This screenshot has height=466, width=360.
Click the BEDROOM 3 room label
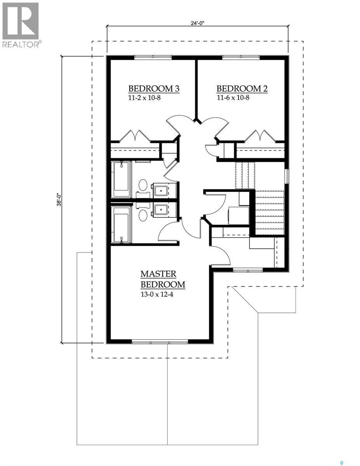[154, 89]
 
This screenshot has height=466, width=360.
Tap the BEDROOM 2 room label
[242, 89]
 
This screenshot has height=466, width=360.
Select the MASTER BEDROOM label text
[163, 279]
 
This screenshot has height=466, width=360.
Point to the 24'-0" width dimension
[198, 23]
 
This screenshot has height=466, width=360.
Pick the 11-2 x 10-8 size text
[144, 97]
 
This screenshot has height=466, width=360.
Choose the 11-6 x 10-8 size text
[233, 97]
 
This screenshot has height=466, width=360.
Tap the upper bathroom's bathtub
[121, 180]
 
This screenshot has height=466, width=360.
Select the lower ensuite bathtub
[121, 224]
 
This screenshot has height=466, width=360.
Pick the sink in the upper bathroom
[160, 190]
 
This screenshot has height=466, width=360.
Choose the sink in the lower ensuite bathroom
[160, 210]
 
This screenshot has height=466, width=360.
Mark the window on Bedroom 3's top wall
[153, 57]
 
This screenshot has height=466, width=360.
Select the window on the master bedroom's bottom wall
[160, 342]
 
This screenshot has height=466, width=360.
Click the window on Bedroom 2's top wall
[241, 57]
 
